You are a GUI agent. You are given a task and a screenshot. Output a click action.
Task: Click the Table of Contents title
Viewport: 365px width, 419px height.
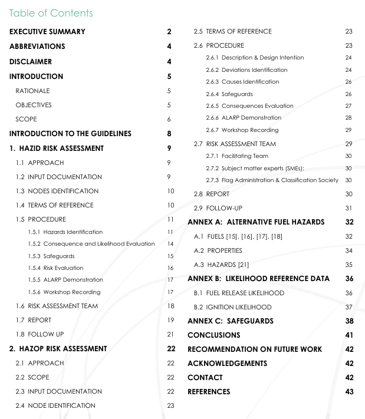[x=51, y=13]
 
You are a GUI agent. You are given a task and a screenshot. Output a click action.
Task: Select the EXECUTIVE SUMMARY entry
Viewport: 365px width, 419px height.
[x=47, y=32]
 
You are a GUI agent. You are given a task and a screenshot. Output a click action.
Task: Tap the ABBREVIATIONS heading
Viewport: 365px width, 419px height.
[x=37, y=47]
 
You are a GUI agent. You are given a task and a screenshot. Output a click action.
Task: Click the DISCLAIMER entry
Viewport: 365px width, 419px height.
[x=31, y=62]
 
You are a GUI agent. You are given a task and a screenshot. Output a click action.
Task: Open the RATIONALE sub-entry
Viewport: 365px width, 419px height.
[x=33, y=91]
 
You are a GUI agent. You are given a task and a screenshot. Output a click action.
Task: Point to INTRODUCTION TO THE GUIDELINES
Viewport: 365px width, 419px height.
[x=70, y=134]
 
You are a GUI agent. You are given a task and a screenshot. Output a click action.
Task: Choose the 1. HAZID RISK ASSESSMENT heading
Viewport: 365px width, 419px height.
[x=57, y=149]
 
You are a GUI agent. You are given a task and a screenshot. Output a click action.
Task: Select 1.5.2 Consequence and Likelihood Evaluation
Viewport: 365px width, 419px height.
[x=91, y=244]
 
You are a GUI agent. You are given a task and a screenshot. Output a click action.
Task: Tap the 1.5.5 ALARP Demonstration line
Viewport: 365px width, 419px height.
[x=65, y=280]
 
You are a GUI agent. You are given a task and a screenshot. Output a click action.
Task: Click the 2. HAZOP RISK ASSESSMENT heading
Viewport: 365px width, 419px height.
[x=58, y=349]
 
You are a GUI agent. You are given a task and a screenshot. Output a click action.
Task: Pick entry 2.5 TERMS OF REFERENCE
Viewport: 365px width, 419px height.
[x=233, y=31]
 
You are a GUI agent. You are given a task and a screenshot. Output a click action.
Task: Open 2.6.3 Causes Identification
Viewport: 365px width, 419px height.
[x=242, y=82]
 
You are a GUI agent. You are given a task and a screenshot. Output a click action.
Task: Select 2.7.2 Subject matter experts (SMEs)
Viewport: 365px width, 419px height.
[x=255, y=168]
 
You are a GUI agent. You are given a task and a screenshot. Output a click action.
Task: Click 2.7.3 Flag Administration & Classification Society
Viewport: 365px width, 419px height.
[x=272, y=180]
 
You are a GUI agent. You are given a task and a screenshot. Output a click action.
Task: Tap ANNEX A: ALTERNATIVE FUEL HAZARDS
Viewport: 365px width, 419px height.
[x=256, y=222]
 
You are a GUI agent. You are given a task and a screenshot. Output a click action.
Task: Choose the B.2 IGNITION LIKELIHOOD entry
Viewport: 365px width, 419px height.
[x=232, y=307]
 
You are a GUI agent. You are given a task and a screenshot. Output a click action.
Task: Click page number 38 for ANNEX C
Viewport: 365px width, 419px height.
[x=349, y=321]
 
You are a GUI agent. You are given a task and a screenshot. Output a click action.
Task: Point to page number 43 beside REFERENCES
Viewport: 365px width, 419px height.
[x=349, y=392]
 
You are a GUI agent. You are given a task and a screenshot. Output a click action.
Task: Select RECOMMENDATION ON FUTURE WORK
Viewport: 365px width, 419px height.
[x=255, y=349]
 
